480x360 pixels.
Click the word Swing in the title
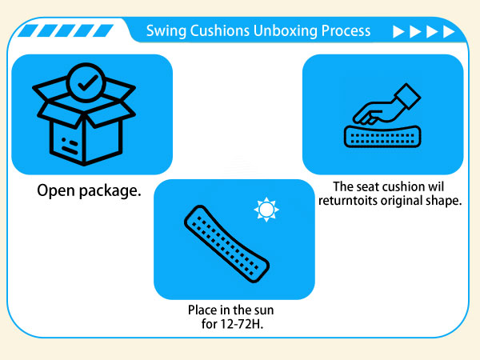coord(166,31)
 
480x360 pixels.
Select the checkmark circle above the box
coord(86,82)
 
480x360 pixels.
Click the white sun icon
coord(266,210)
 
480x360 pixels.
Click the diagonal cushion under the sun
coord(226,244)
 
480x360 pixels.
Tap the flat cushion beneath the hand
coord(382,137)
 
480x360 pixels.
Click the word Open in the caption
coord(56,191)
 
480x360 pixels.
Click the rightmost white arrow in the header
coord(449,32)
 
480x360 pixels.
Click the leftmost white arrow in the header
coord(398,32)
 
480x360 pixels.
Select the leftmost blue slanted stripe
coord(28,30)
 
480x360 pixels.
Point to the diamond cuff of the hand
coord(408,96)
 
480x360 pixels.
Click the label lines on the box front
coord(70,146)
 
